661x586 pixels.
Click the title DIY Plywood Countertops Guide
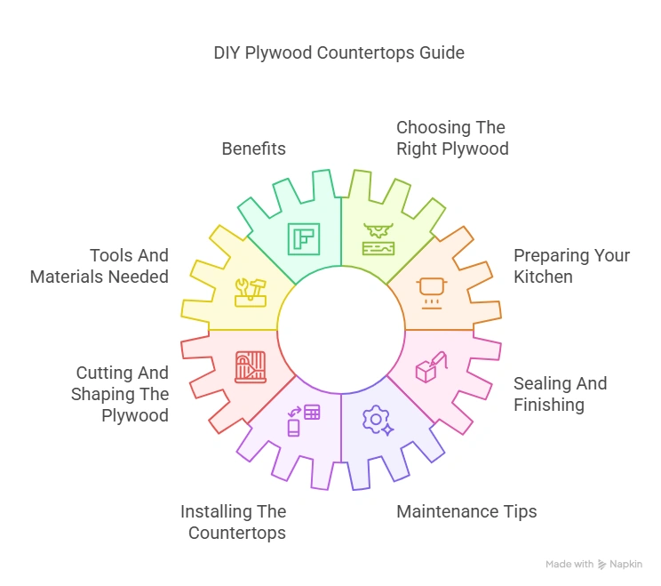(338, 52)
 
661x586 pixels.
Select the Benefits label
(253, 149)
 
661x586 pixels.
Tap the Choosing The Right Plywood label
(452, 138)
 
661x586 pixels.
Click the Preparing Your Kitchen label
(571, 266)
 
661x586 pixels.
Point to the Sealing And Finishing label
(561, 394)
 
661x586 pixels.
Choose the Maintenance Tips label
(466, 511)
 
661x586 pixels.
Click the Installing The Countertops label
(233, 522)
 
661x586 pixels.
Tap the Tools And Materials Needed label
(100, 266)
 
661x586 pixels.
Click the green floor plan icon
(303, 239)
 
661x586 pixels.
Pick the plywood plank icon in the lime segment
(379, 239)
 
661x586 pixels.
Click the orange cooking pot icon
(433, 289)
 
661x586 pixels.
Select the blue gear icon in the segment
(378, 419)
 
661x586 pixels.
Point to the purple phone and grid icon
(302, 420)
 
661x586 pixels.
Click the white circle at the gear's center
(341, 330)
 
